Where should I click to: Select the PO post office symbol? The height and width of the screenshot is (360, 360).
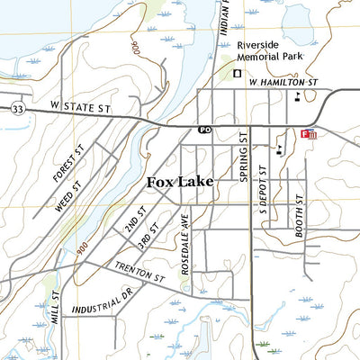tap(205, 130)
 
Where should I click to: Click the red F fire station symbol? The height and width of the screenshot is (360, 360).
tap(308, 134)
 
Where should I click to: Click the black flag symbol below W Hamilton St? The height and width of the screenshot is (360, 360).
tap(297, 93)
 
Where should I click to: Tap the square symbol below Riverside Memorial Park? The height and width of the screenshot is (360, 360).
tap(238, 74)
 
